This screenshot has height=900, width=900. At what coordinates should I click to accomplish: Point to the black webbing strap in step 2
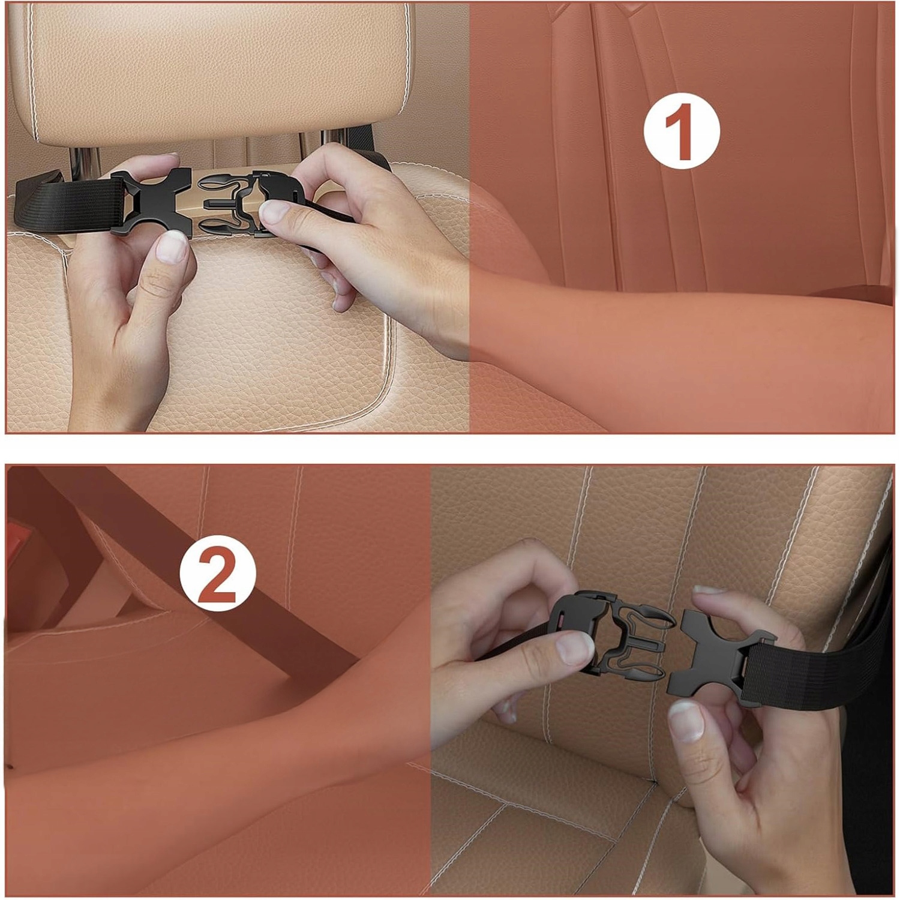822,660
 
